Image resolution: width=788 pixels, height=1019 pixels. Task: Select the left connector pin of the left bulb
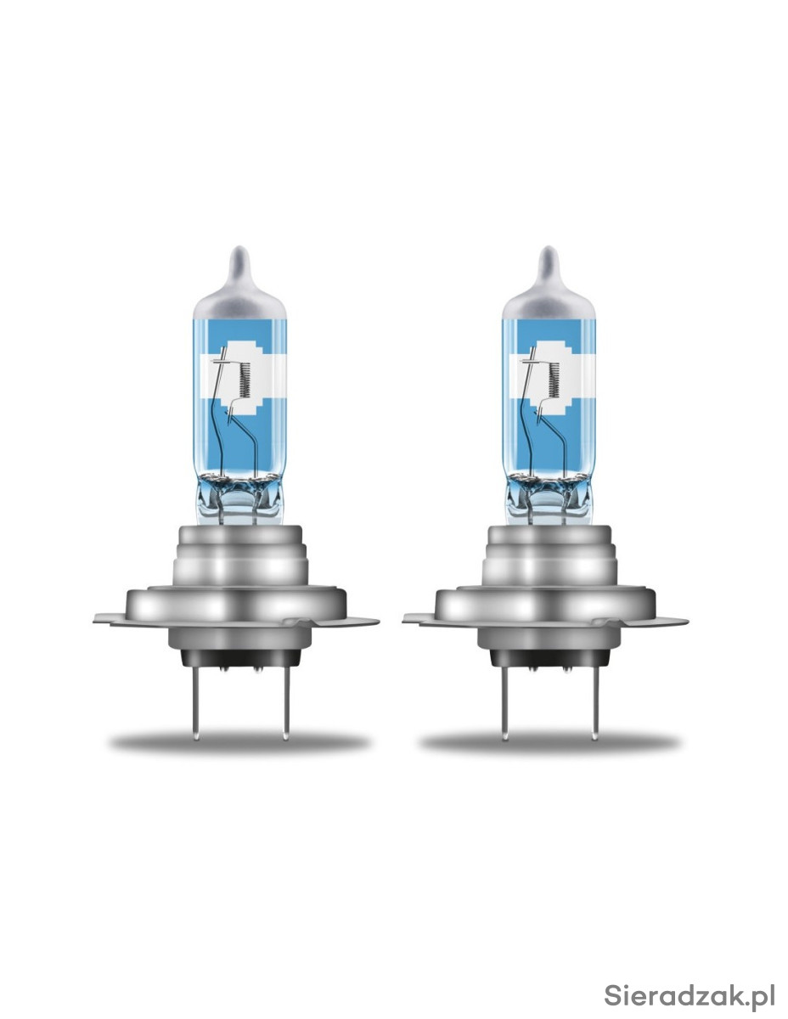tap(196, 702)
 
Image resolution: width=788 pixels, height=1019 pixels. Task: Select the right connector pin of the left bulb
tap(286, 702)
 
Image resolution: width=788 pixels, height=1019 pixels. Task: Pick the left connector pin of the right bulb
tap(504, 702)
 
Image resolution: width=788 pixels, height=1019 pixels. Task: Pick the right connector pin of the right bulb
tap(594, 702)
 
